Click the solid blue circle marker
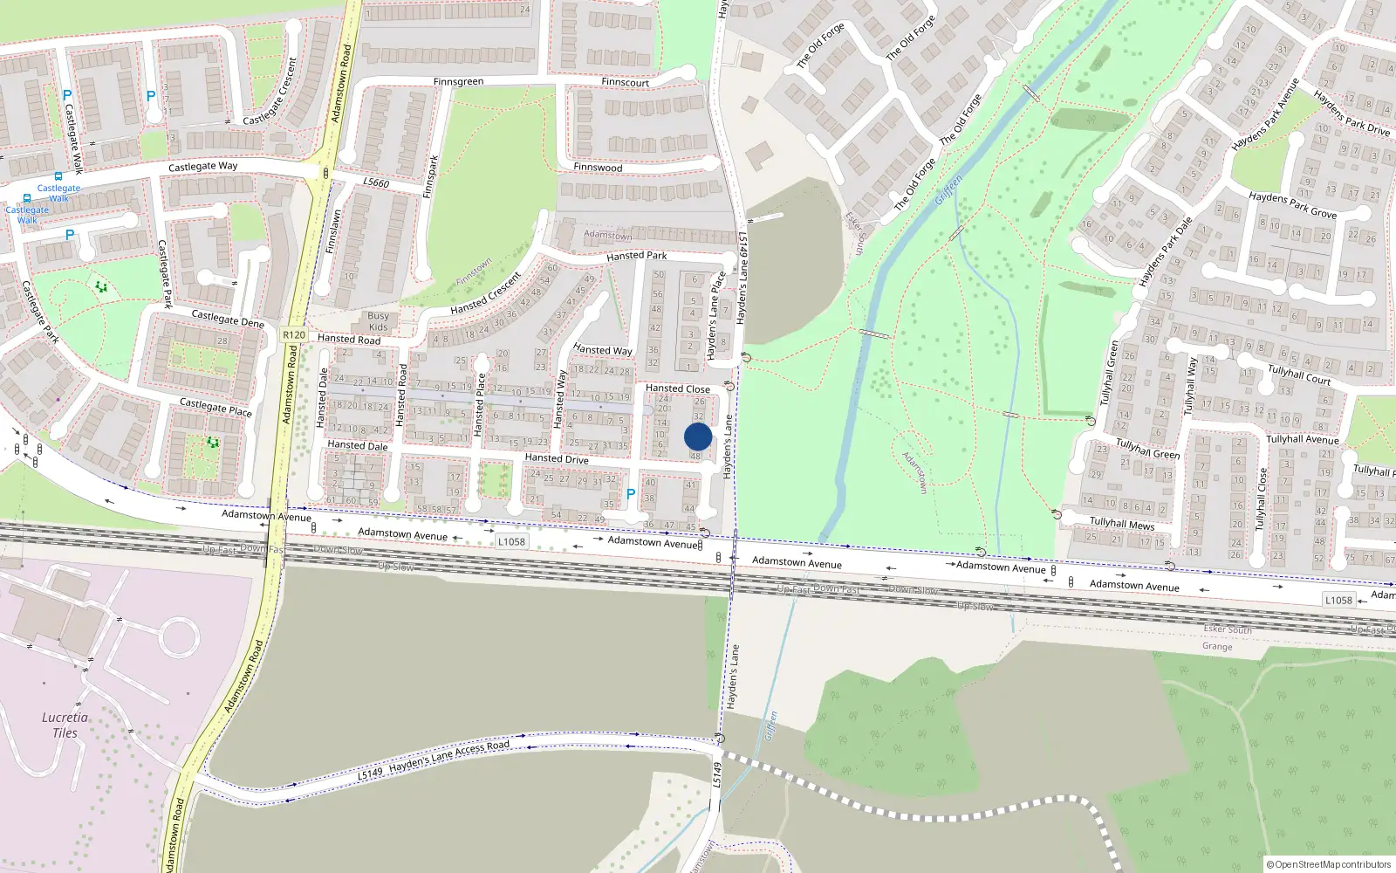pyautogui.click(x=698, y=436)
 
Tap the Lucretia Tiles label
pyautogui.click(x=65, y=725)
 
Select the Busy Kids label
pyautogui.click(x=378, y=321)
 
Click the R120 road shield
pyautogui.click(x=294, y=335)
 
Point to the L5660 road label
pyautogui.click(x=376, y=182)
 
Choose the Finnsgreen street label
pyautogui.click(x=458, y=82)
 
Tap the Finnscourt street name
pyautogui.click(x=625, y=83)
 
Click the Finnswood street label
pyautogui.click(x=598, y=168)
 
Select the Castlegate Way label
pyautogui.click(x=202, y=166)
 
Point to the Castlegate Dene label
pyautogui.click(x=228, y=319)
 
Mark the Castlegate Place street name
pyautogui.click(x=216, y=407)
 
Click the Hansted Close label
pyautogui.click(x=677, y=388)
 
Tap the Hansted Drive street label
pyautogui.click(x=557, y=458)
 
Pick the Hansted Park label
pyautogui.click(x=636, y=256)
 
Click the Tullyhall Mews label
pyautogui.click(x=1122, y=524)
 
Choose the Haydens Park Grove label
pyautogui.click(x=1292, y=205)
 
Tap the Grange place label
pyautogui.click(x=1217, y=647)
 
